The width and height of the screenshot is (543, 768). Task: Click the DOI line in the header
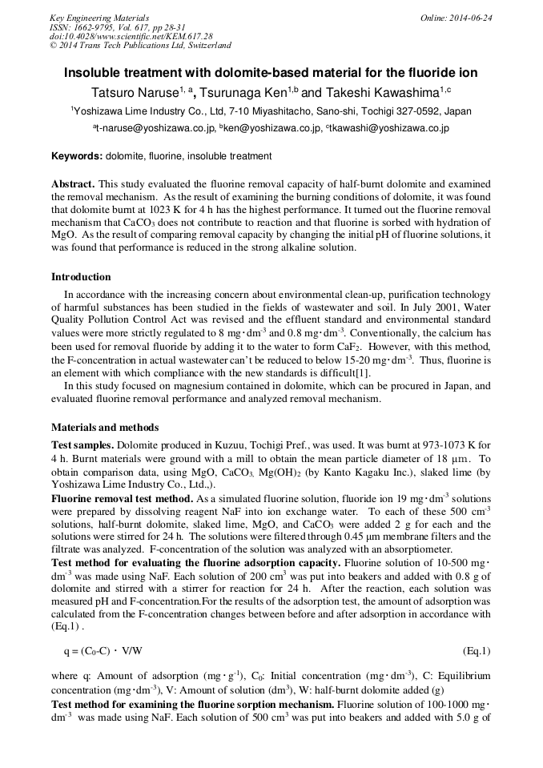click(x=131, y=37)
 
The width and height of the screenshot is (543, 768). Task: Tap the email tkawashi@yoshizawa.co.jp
click(x=389, y=128)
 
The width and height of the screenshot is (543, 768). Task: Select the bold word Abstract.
click(x=73, y=183)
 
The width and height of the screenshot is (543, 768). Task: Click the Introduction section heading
click(x=81, y=277)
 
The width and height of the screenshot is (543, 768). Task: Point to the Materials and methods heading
click(x=105, y=428)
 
